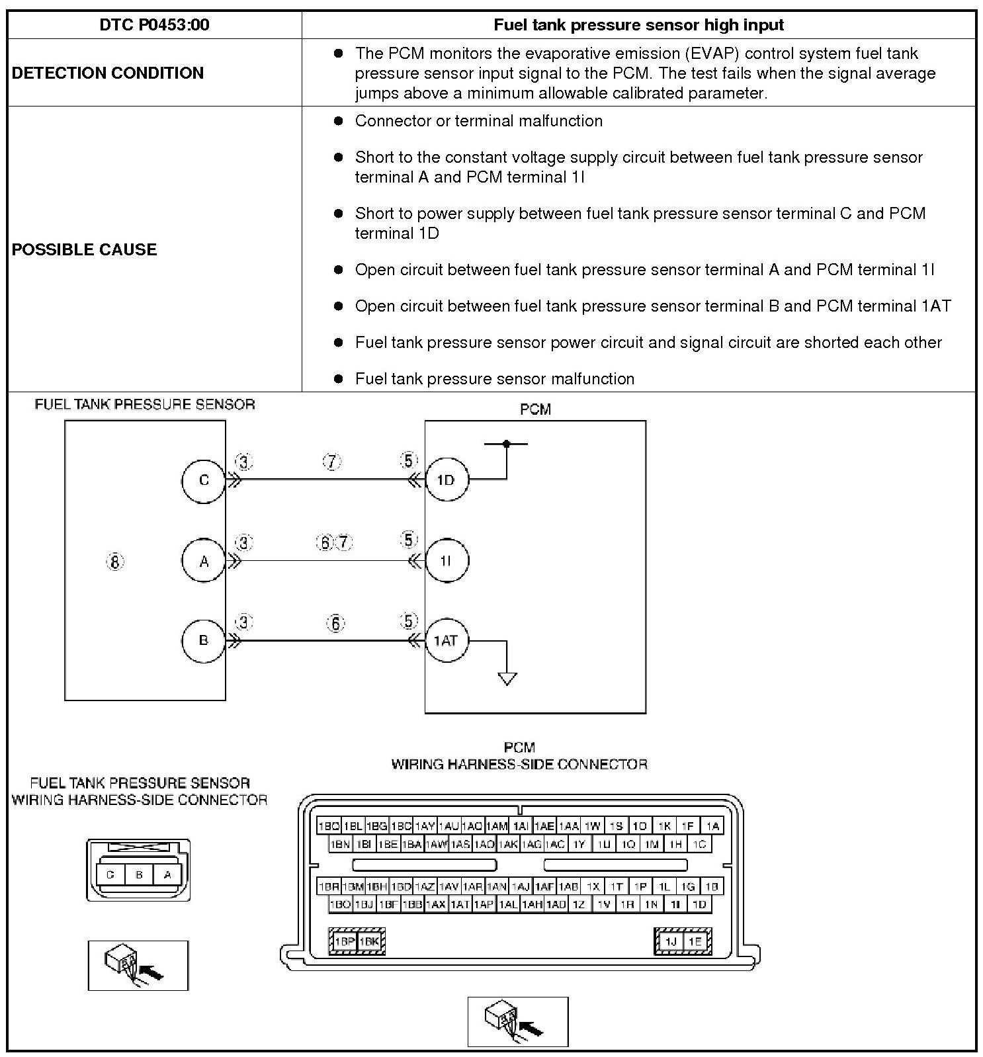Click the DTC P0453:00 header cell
pyautogui.click(x=154, y=25)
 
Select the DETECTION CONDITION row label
pyautogui.click(x=108, y=73)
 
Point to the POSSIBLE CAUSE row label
pyautogui.click(x=85, y=249)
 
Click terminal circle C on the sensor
pyautogui.click(x=204, y=480)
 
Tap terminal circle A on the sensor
pyautogui.click(x=204, y=561)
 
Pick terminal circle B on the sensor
pyautogui.click(x=204, y=640)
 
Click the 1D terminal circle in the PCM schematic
pyautogui.click(x=446, y=480)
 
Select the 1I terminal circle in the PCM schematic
pyautogui.click(x=446, y=561)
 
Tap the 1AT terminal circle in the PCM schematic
pyautogui.click(x=446, y=640)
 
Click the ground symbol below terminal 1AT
pyautogui.click(x=507, y=679)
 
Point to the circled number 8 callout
pyautogui.click(x=115, y=562)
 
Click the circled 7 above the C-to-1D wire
pyautogui.click(x=332, y=462)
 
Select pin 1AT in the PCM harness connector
pyautogui.click(x=460, y=904)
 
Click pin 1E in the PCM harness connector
pyautogui.click(x=695, y=941)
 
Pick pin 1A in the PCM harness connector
pyautogui.click(x=712, y=825)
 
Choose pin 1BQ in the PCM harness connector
pyautogui.click(x=329, y=825)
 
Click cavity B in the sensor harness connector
pyautogui.click(x=139, y=874)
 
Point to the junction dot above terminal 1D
pyautogui.click(x=507, y=444)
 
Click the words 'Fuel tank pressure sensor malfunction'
pyautogui.click(x=494, y=379)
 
